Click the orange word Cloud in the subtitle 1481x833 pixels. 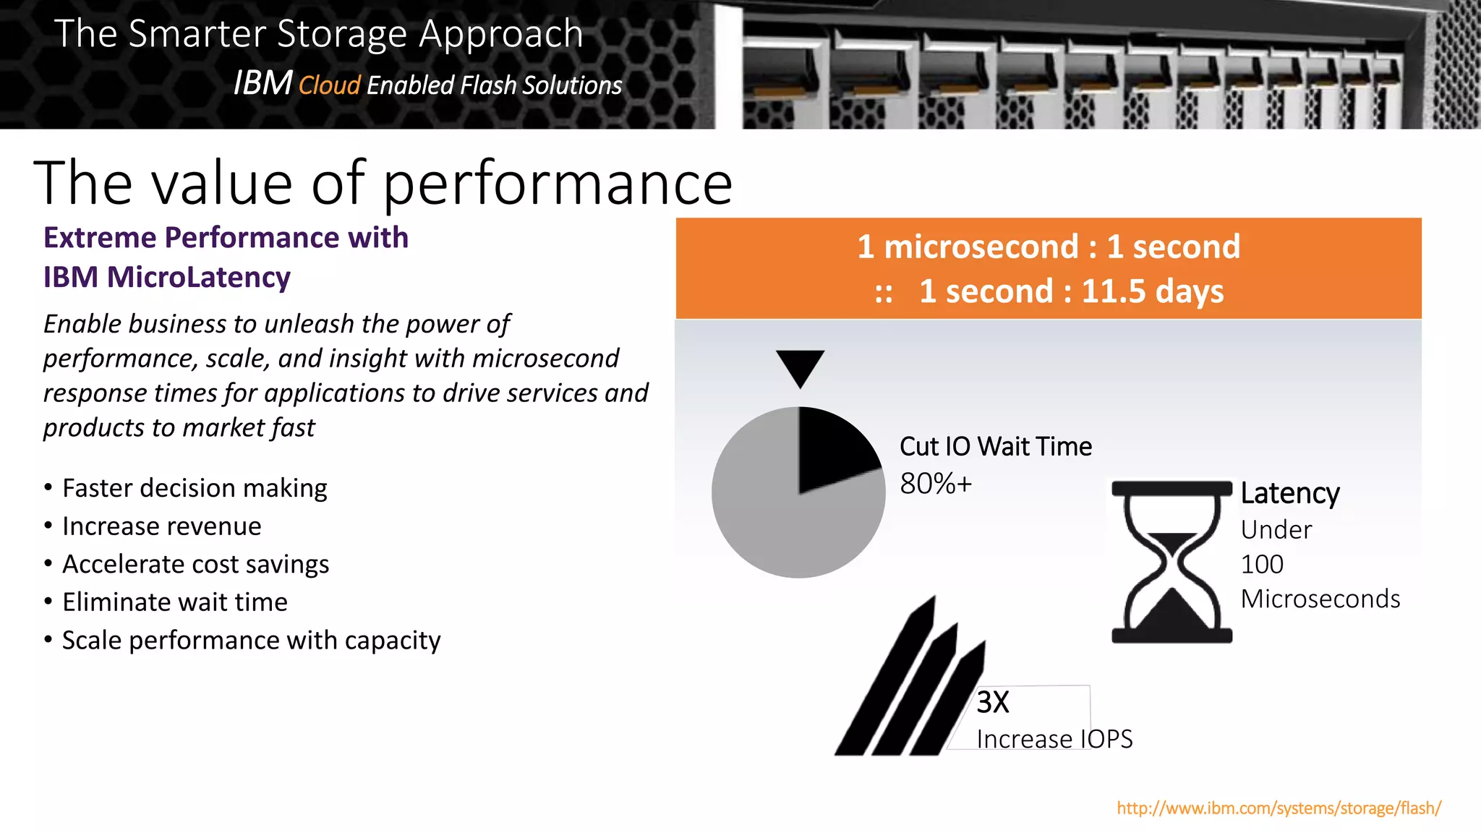pos(329,85)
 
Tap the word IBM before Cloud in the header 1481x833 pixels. pos(263,83)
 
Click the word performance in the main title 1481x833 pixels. pos(558,184)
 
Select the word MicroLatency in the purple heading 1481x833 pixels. pos(199,277)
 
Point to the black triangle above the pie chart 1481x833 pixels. pos(800,366)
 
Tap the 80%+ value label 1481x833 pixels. pos(936,483)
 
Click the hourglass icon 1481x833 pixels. pos(1171,562)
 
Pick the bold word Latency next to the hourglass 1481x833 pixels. pos(1290,493)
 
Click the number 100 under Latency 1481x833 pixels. pos(1262,564)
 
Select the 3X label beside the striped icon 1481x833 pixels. pos(992,702)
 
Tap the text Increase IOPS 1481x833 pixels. pos(1054,739)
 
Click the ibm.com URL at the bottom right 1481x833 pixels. pos(1279,808)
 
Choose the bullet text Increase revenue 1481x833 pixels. pos(162,526)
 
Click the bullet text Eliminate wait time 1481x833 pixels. pos(175,602)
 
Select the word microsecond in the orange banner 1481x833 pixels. pos(981,247)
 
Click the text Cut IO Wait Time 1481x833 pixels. pos(995,446)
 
